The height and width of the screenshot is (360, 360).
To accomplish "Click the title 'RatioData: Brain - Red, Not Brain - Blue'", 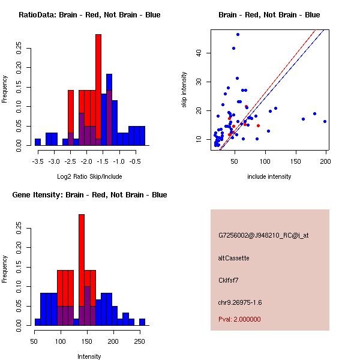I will [89, 15].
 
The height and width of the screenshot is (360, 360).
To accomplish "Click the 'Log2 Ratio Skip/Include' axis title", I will [89, 176].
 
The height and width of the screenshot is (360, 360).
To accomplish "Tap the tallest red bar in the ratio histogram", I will [98, 90].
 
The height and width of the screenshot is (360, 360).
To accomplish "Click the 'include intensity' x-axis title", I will [269, 176].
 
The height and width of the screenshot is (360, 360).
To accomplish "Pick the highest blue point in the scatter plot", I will [238, 34].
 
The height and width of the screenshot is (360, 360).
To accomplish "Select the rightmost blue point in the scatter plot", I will [325, 121].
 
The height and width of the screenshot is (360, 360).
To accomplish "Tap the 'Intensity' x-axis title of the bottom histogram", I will [89, 356].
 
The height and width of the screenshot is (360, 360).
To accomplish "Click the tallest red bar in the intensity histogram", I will [82, 270].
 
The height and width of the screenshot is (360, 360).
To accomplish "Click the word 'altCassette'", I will [234, 258].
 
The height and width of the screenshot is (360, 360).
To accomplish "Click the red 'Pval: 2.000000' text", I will [239, 319].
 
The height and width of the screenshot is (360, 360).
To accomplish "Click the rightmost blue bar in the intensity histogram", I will [142, 322].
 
